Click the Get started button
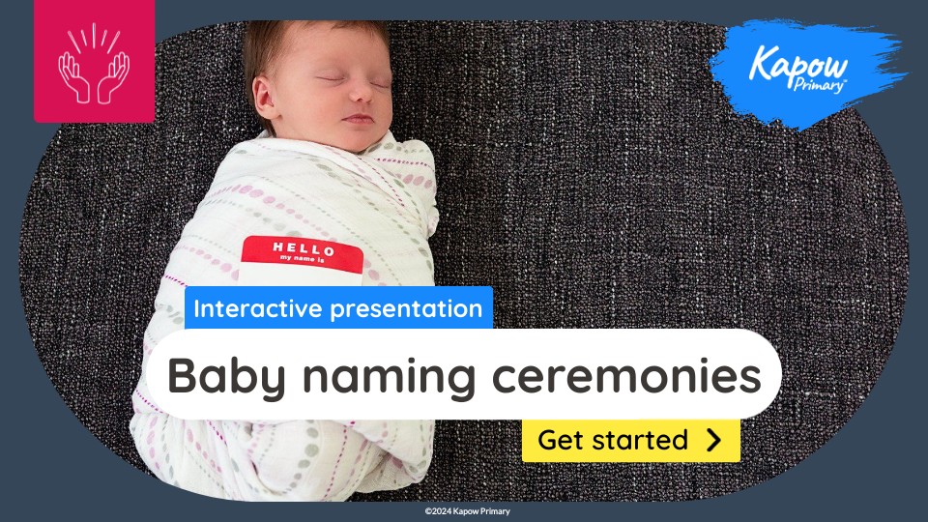(631, 441)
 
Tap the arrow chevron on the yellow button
(714, 441)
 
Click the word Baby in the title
(226, 376)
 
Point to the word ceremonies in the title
(626, 376)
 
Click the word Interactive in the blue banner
(258, 308)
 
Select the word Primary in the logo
(819, 85)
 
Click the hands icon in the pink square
(94, 64)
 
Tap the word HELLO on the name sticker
(304, 248)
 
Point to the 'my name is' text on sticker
(303, 259)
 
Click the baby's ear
(265, 97)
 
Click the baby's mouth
(358, 118)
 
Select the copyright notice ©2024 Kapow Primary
(468, 511)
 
